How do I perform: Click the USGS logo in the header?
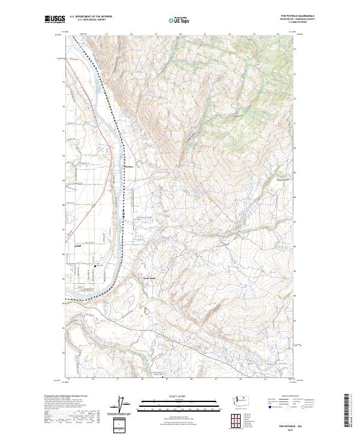coord(55,19)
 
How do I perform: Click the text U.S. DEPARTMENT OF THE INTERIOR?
coord(91,16)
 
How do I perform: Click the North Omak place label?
coord(149,278)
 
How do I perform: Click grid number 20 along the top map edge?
coord(180,34)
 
